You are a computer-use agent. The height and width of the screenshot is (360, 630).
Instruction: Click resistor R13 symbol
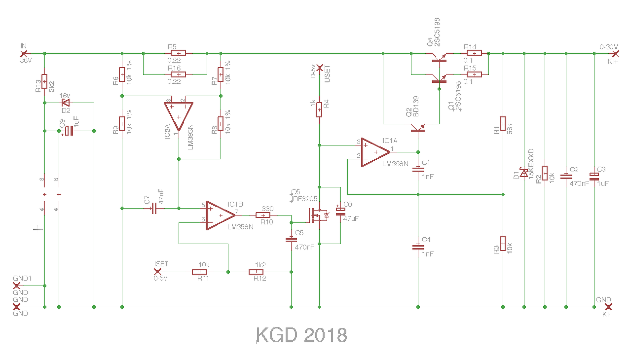(44, 81)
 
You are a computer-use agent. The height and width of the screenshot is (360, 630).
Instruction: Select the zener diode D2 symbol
(65, 103)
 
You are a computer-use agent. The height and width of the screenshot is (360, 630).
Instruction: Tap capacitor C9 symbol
(69, 131)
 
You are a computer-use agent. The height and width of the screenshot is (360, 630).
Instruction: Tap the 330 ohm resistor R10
(263, 215)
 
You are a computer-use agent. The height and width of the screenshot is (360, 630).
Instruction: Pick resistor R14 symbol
(474, 53)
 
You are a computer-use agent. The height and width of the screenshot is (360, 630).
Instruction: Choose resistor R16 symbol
(178, 74)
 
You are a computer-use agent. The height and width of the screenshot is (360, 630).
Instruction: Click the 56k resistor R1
(502, 122)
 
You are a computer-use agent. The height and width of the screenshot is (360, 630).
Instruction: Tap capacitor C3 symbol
(594, 176)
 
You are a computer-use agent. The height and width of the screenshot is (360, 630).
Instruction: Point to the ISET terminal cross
(158, 271)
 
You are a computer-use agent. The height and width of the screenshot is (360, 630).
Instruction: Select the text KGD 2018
(301, 335)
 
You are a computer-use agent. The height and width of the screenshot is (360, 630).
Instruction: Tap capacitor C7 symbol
(153, 209)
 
